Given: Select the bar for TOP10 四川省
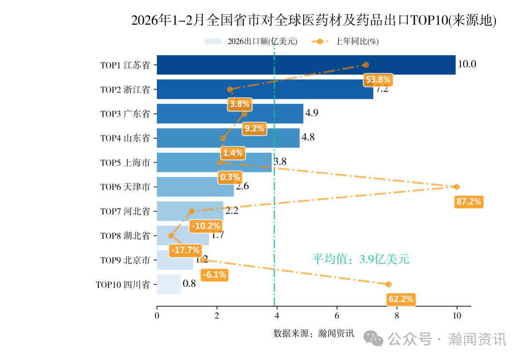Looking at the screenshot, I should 169,284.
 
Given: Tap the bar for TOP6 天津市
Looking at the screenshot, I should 195,187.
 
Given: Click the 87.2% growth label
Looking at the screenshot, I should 469,202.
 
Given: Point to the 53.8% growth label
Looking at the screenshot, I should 378,79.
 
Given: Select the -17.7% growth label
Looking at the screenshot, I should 185,250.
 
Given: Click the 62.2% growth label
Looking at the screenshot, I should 401,299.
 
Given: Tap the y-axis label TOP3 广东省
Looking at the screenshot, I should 125,114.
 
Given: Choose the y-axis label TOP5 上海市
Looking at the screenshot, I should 125,163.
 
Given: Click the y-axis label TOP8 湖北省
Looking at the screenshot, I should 125,236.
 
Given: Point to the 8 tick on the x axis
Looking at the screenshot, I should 397,316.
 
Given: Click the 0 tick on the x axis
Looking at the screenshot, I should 157,316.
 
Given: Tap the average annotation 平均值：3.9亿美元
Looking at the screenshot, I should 361,259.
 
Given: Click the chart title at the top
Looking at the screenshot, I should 314,20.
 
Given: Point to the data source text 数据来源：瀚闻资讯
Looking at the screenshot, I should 314,333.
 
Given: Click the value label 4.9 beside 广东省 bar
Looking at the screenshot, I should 311,113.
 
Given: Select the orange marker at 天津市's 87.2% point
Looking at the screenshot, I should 456,187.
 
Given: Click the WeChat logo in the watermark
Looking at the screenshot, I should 374,339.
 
